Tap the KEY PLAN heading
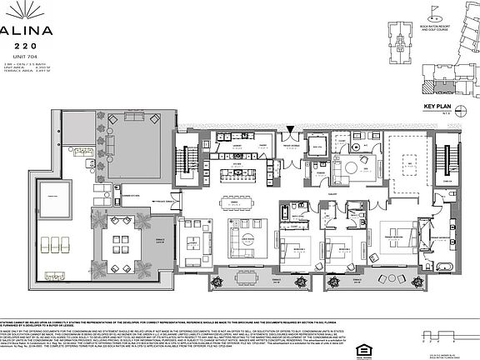436,107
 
